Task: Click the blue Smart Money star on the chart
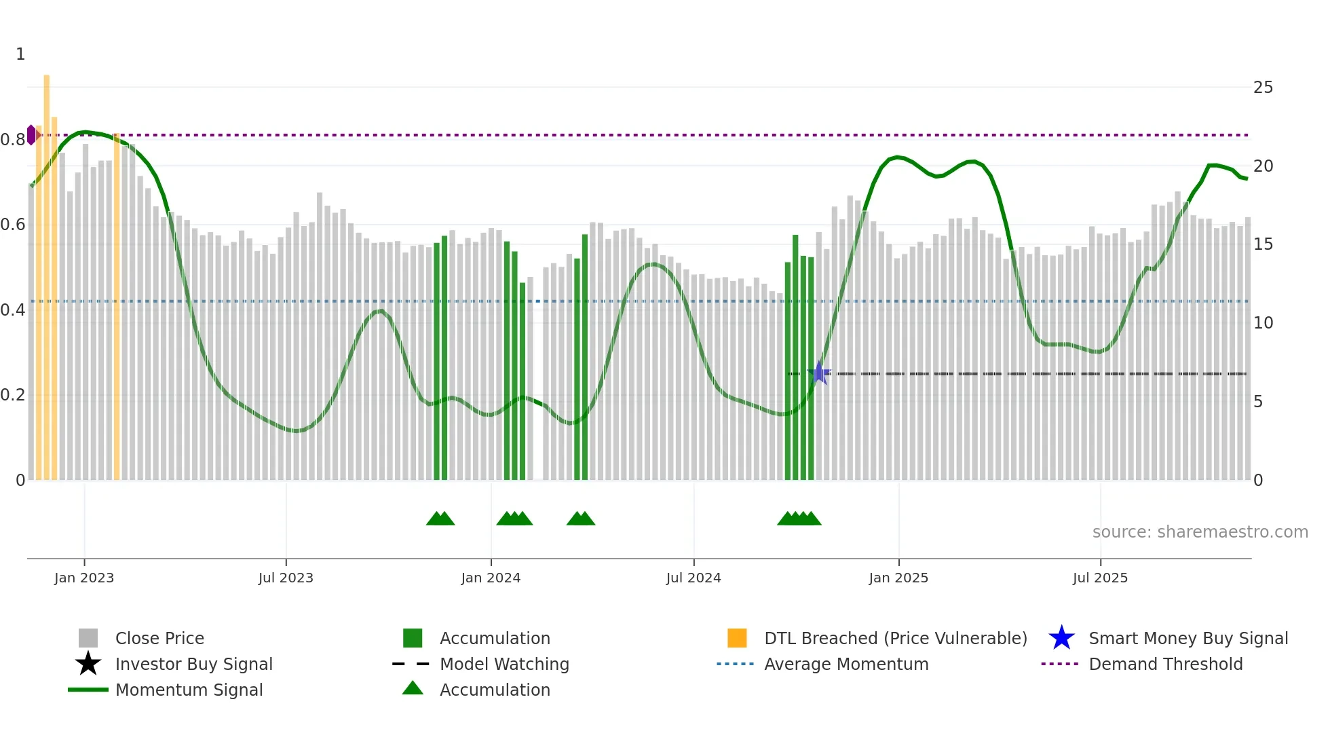coord(819,373)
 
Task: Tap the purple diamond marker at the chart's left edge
coord(31,135)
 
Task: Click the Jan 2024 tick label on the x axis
coord(491,578)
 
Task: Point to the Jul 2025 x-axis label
coord(1100,578)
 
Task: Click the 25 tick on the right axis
coord(1263,88)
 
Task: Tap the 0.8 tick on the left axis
coord(14,140)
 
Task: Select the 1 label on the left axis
coord(20,54)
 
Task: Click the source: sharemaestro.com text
coord(1200,532)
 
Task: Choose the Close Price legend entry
coord(159,639)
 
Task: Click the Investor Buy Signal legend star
coord(88,664)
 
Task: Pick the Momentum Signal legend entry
coord(189,690)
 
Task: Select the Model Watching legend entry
coord(504,665)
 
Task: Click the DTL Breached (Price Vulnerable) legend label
coord(895,639)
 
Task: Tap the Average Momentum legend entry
coord(846,665)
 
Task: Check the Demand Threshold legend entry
coord(1165,665)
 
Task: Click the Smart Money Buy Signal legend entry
coord(1187,639)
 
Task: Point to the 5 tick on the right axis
coord(1258,402)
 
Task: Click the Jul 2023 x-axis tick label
coord(286,578)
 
